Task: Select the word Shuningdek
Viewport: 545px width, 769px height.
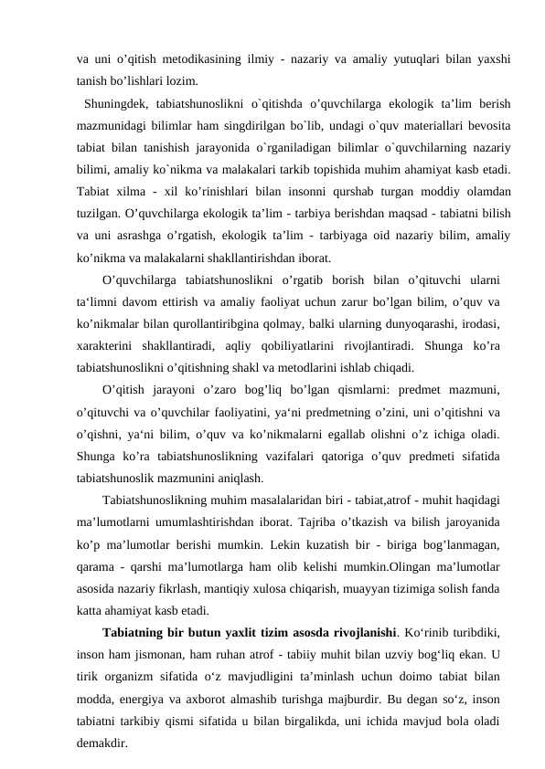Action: [x=115, y=101]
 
